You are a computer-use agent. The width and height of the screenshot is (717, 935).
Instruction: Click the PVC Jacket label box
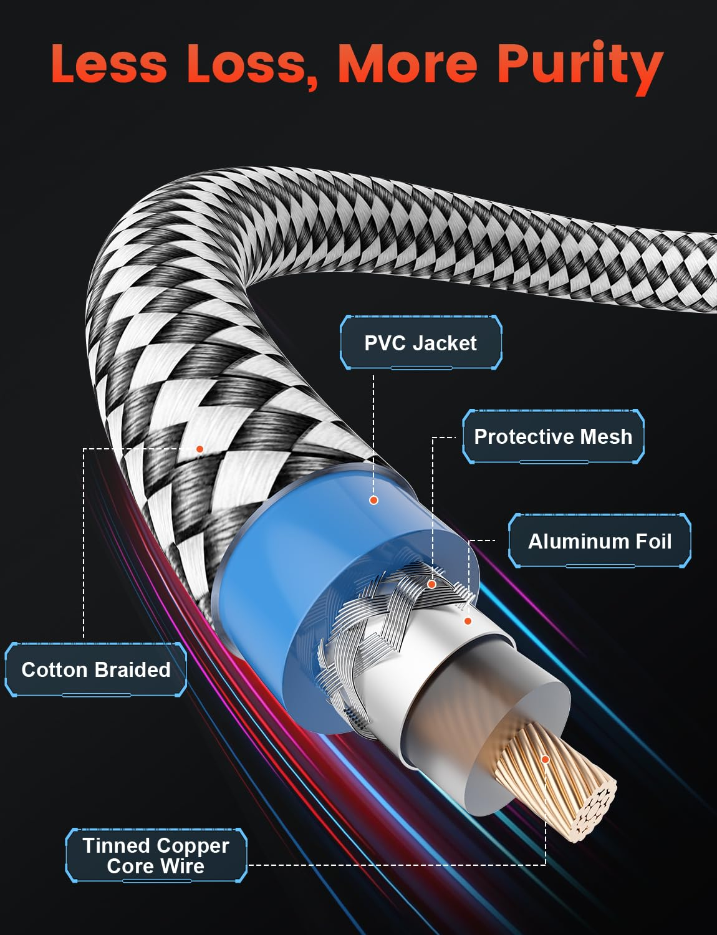[421, 343]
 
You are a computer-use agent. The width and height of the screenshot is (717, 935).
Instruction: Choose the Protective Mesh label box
[553, 436]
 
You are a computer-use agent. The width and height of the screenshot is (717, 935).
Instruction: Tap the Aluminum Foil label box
[600, 541]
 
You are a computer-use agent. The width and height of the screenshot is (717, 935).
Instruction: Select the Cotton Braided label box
[96, 669]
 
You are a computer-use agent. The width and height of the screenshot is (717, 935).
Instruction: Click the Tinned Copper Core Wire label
[156, 855]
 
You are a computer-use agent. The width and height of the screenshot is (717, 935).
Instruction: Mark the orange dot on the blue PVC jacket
[374, 500]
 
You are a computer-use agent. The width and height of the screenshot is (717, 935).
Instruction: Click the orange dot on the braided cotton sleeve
[200, 449]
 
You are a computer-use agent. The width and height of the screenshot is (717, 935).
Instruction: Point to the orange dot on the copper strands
[545, 759]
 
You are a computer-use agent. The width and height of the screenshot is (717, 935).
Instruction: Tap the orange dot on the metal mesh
[431, 585]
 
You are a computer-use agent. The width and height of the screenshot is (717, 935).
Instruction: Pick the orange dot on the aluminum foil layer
[468, 621]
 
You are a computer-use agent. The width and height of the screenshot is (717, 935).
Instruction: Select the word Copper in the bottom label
[193, 846]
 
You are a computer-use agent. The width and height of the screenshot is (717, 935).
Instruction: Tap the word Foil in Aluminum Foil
[653, 541]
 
